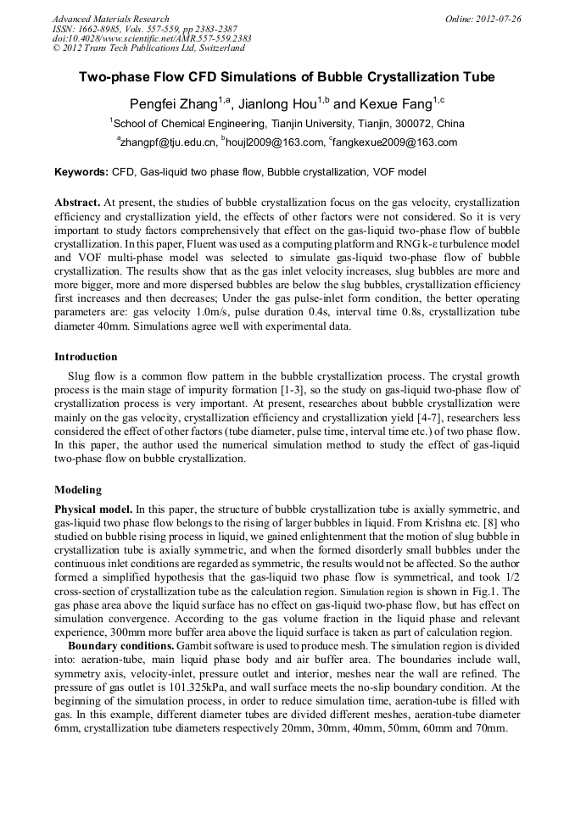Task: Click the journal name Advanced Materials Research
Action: [x=110, y=19]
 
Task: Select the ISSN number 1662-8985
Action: [x=101, y=29]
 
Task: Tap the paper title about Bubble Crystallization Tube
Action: [x=287, y=77]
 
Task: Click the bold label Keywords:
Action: [x=81, y=172]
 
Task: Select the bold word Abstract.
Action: [x=78, y=203]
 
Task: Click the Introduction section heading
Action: [x=86, y=357]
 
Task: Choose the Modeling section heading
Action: [x=77, y=490]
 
